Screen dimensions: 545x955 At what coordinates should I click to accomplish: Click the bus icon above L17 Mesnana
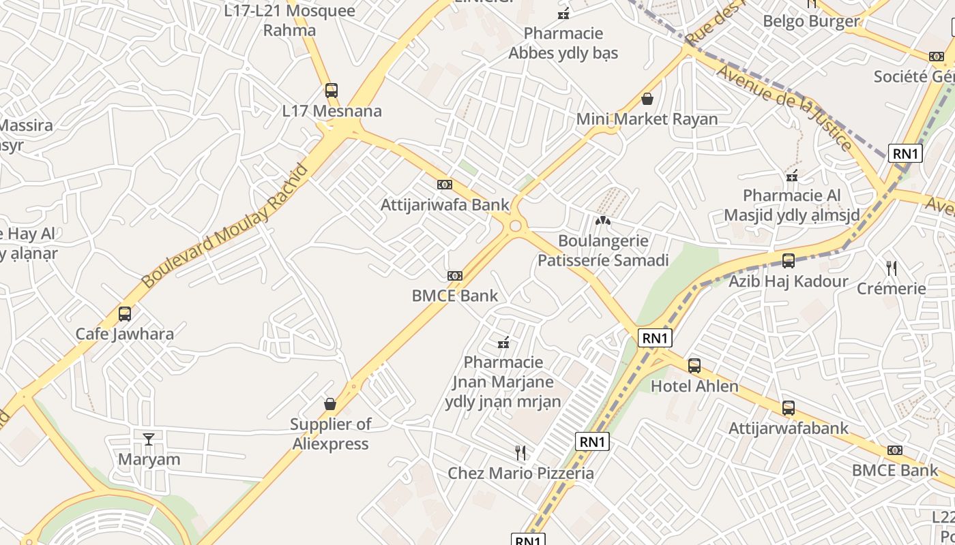point(332,91)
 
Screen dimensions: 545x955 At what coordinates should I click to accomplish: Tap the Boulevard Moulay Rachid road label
point(224,225)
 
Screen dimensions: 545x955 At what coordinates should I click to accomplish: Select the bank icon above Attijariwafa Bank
point(445,185)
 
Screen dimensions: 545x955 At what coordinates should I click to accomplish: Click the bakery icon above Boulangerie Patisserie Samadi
point(602,221)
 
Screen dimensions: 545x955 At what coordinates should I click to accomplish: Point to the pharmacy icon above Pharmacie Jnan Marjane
point(504,343)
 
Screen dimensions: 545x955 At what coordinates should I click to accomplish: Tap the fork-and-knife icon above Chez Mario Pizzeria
point(520,452)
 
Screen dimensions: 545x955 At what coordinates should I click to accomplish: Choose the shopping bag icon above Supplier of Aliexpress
point(330,404)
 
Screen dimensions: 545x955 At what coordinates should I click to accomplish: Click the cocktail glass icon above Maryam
point(149,439)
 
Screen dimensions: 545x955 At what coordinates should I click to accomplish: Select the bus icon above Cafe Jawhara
point(125,314)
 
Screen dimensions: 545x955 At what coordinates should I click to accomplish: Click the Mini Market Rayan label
point(647,119)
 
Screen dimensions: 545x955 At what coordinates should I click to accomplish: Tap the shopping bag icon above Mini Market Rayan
point(647,99)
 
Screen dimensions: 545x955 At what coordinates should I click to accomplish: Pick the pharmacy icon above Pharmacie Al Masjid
point(792,176)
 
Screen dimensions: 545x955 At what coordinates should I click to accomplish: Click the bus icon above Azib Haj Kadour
point(789,261)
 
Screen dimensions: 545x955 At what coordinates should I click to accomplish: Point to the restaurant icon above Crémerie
point(891,268)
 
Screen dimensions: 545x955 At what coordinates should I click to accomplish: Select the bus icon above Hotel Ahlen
point(694,366)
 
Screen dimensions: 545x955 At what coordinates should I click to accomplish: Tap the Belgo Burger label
point(811,21)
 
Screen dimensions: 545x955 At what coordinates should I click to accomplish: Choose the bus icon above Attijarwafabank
point(789,408)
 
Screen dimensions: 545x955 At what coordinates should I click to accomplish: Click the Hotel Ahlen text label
point(694,386)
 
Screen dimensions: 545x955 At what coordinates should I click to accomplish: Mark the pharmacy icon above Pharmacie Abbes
point(563,14)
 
